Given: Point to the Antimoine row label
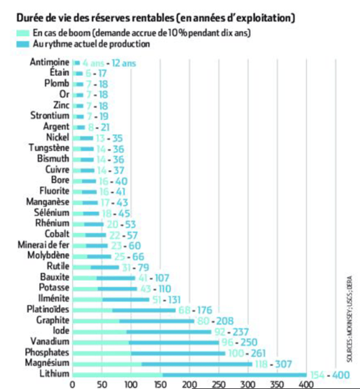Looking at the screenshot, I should [50, 62].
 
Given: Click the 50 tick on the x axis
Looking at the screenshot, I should [102, 383].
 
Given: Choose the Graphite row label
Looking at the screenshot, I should [53, 320].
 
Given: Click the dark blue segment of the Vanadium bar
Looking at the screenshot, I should [174, 342].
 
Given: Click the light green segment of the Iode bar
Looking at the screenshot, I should [99, 332].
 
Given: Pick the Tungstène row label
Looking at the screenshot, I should [49, 148].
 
